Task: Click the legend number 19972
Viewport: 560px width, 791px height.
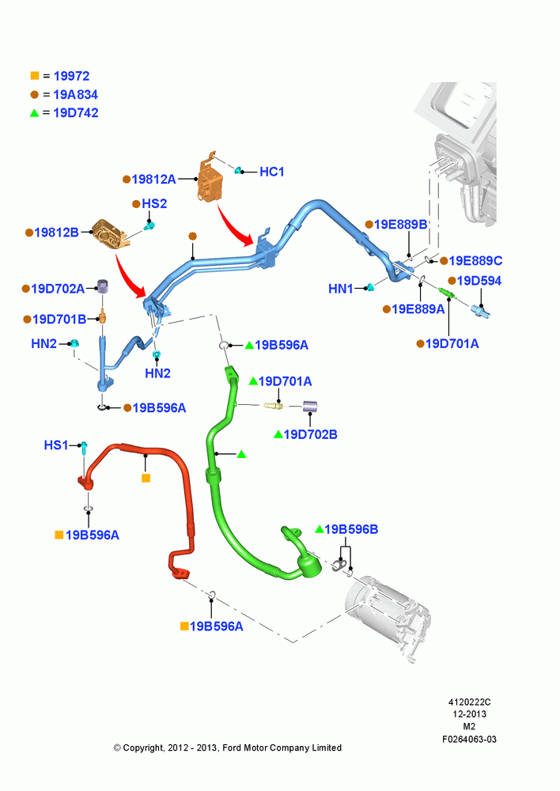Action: (71, 76)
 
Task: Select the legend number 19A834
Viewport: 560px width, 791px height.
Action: (76, 94)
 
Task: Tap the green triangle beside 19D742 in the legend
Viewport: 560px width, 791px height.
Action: (34, 113)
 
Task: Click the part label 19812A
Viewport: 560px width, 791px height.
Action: (153, 179)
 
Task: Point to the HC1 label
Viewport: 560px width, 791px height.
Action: (272, 172)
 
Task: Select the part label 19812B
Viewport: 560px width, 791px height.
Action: (56, 233)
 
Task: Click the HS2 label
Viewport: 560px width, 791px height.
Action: (154, 203)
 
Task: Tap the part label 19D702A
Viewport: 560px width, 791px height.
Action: (58, 289)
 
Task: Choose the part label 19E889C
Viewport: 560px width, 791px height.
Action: (475, 260)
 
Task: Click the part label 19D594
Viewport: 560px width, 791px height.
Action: (479, 281)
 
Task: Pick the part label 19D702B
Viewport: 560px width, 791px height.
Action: (310, 434)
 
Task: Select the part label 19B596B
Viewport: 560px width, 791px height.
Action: (351, 529)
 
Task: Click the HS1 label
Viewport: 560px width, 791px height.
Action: (55, 445)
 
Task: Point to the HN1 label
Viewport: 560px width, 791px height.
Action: (341, 289)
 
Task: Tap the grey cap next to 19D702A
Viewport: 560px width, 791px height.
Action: (104, 286)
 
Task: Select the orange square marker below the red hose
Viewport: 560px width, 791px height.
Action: (146, 478)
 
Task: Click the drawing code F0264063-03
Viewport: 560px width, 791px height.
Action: (469, 739)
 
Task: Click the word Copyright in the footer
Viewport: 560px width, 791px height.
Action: (144, 747)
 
